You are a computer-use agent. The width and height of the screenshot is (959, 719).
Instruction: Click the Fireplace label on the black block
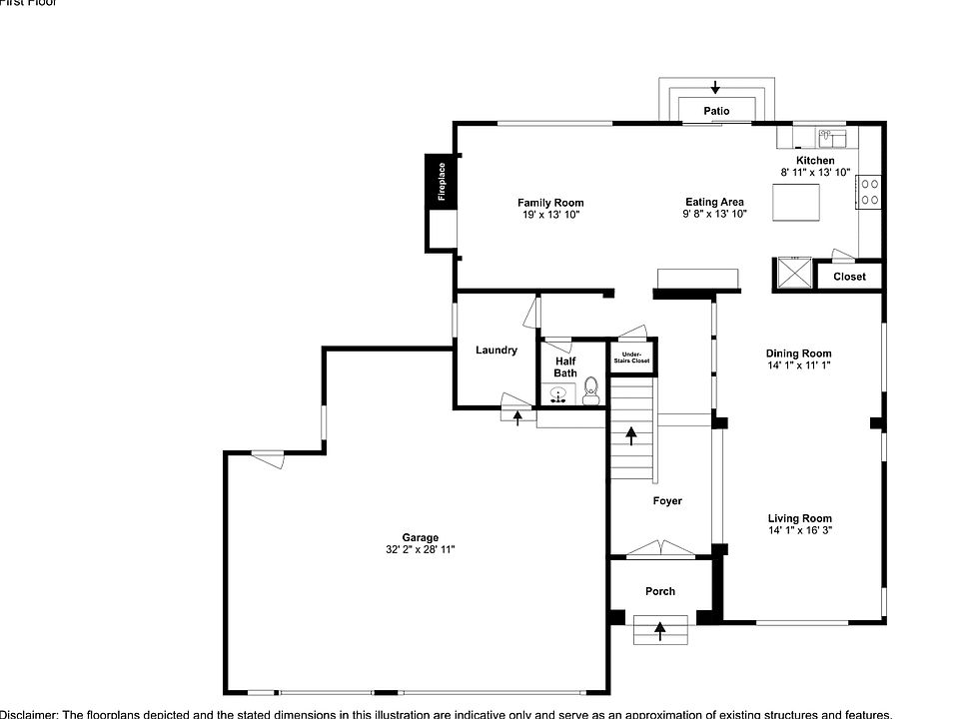(442, 181)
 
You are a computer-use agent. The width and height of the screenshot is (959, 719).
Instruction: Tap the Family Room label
(550, 203)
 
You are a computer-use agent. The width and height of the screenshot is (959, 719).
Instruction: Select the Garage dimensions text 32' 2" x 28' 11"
(421, 549)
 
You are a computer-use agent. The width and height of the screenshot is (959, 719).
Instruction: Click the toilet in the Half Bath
(590, 388)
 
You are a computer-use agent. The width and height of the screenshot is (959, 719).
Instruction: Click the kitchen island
(796, 204)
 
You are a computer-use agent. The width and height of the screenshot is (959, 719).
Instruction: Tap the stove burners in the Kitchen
(868, 191)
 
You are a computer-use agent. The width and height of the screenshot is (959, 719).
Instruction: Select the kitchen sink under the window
(831, 137)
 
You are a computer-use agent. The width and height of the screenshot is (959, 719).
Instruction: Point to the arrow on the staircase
(631, 435)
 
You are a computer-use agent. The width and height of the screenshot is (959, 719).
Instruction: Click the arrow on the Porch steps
(659, 629)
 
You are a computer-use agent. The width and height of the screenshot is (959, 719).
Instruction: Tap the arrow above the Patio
(715, 88)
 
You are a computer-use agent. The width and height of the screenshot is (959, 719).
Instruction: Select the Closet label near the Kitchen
(849, 277)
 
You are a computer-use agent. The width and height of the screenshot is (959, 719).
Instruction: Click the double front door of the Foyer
(659, 548)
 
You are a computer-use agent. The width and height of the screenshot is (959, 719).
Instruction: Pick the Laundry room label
(496, 350)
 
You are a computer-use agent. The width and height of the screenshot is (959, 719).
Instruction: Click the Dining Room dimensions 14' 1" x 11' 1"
(798, 365)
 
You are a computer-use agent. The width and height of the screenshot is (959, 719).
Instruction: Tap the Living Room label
(799, 518)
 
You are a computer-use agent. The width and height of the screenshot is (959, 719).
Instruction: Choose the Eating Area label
(714, 203)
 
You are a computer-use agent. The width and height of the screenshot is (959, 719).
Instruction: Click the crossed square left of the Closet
(794, 273)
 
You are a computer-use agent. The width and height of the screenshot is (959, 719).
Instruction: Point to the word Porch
(659, 591)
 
